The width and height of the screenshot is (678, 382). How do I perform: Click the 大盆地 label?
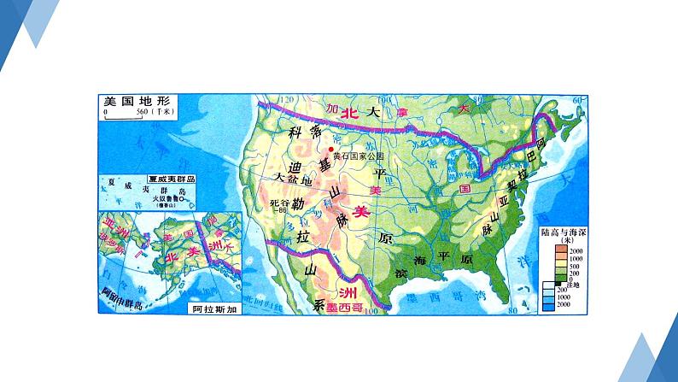[x=293, y=177]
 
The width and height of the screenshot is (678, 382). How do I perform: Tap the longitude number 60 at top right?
[x=576, y=101]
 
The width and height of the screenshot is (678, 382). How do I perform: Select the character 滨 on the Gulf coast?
[x=400, y=272]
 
